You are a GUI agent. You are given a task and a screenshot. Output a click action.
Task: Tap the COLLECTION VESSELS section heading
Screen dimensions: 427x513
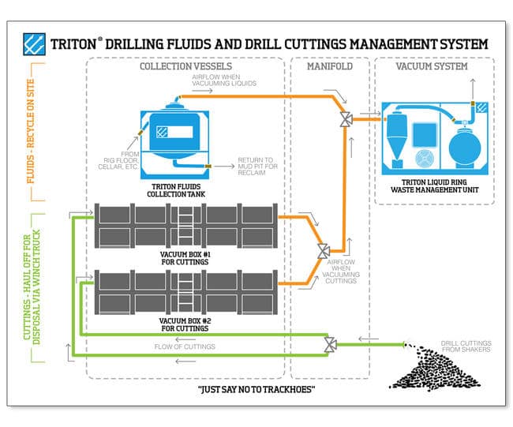coord(183,67)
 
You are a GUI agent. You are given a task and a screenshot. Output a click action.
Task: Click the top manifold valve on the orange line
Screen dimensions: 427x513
coord(345,120)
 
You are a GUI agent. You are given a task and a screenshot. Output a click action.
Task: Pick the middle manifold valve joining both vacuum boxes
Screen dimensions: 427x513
coord(322,250)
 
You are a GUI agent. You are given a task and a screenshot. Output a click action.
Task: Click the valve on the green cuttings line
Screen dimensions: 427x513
coord(331,344)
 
